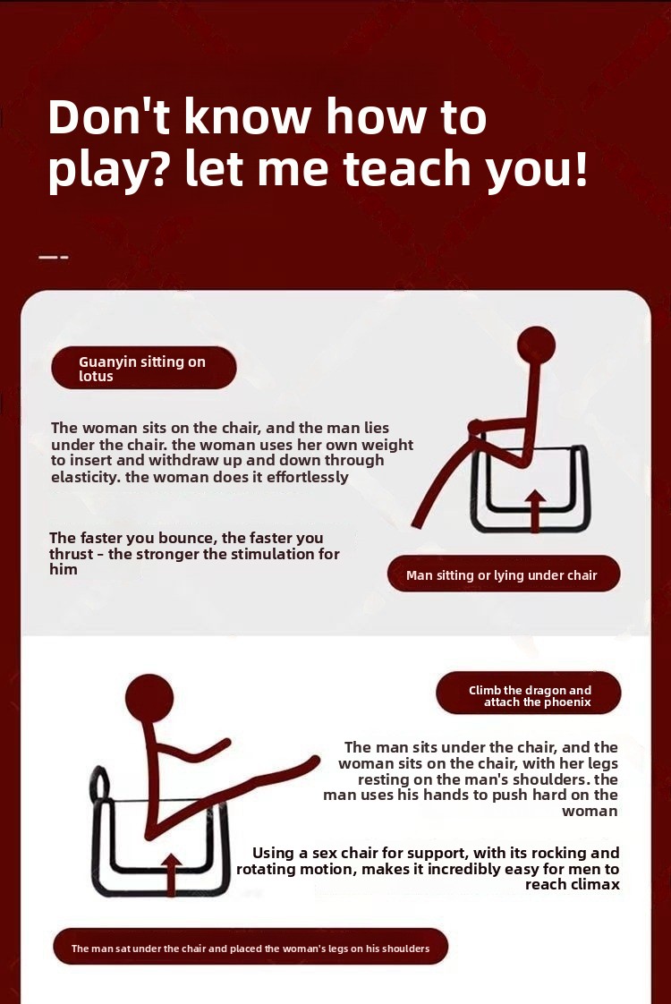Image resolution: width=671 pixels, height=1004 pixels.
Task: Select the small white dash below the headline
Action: pyautogui.click(x=53, y=258)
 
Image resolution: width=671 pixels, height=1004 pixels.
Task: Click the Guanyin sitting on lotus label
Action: pyautogui.click(x=143, y=368)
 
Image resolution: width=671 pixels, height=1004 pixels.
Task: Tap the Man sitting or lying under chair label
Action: pyautogui.click(x=503, y=574)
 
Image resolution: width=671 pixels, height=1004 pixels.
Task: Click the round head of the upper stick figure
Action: pyautogui.click(x=537, y=345)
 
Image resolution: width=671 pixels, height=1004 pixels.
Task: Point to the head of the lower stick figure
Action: pyautogui.click(x=149, y=698)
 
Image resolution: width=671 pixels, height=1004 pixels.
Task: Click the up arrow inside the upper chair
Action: pyautogui.click(x=535, y=511)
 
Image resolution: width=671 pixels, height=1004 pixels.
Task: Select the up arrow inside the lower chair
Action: pyautogui.click(x=170, y=874)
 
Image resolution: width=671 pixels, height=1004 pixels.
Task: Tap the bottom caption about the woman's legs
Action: pyautogui.click(x=251, y=948)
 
